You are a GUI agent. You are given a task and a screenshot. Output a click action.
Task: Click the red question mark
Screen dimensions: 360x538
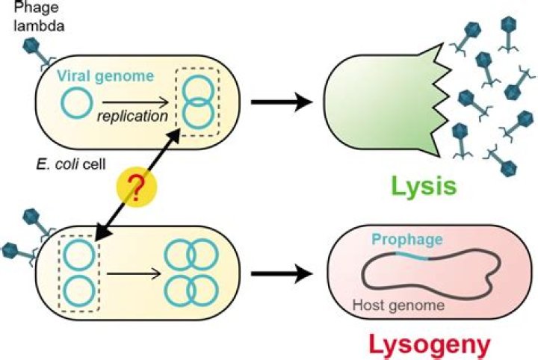point(136,189)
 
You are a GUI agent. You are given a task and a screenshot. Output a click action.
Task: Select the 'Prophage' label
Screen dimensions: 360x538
point(407,240)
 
